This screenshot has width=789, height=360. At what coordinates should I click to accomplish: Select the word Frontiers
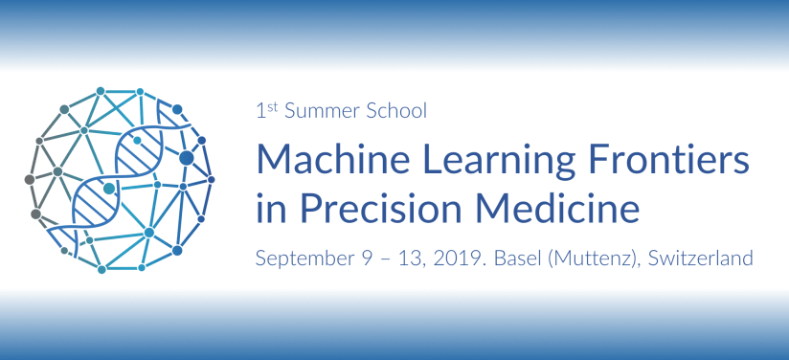pos(668,160)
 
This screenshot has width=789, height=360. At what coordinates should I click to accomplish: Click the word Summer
pos(322,111)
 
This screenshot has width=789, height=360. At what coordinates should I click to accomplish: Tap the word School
pos(396,111)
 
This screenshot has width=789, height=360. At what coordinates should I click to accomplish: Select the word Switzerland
pos(700,259)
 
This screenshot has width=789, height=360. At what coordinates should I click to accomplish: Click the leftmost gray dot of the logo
pos(30,179)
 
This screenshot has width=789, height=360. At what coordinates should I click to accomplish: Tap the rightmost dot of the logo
pos(211,179)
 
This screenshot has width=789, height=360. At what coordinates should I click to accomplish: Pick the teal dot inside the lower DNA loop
pos(109,189)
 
